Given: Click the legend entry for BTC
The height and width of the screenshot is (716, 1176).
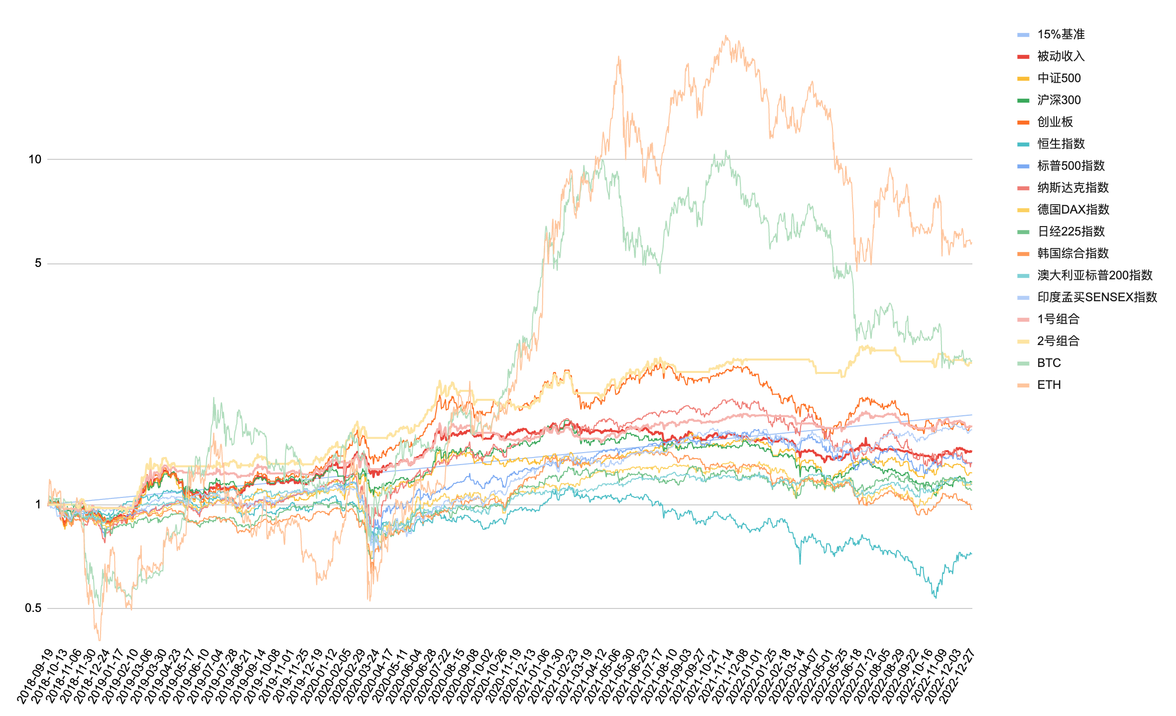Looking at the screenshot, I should pyautogui.click(x=1049, y=363).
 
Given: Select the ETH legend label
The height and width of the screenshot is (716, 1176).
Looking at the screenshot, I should pyautogui.click(x=1049, y=385).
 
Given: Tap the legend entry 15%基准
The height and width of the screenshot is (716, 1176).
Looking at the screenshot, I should pyautogui.click(x=1060, y=34).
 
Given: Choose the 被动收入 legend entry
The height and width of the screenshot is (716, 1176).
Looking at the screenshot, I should pyautogui.click(x=1060, y=56).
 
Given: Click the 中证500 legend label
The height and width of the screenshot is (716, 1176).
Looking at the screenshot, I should pyautogui.click(x=1058, y=78).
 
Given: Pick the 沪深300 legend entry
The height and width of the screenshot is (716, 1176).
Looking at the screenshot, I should pyautogui.click(x=1058, y=100).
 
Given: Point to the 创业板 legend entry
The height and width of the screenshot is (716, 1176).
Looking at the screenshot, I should pyautogui.click(x=1055, y=122).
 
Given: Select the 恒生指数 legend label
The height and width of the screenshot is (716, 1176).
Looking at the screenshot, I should pyautogui.click(x=1060, y=144).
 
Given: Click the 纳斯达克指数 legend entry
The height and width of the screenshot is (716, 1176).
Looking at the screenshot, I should pyautogui.click(x=1072, y=188).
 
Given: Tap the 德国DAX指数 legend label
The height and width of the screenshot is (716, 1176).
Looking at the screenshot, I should pyautogui.click(x=1073, y=210).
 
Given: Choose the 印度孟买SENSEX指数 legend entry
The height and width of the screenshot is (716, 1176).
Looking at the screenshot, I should pyautogui.click(x=1097, y=297).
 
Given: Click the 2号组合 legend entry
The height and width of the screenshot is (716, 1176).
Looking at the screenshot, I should pyautogui.click(x=1058, y=341).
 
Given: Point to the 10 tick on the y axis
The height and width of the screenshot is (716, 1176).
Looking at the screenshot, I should pyautogui.click(x=35, y=159).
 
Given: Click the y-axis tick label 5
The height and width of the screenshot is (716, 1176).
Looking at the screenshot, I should pyautogui.click(x=38, y=263).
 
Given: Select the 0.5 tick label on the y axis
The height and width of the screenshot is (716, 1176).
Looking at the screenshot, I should pyautogui.click(x=33, y=608).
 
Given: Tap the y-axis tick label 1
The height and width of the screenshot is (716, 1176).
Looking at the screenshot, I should pyautogui.click(x=38, y=504).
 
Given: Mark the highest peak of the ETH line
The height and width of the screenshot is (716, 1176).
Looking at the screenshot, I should pyautogui.click(x=726, y=36).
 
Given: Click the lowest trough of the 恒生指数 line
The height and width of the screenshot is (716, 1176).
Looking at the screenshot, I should pyautogui.click(x=936, y=597).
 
